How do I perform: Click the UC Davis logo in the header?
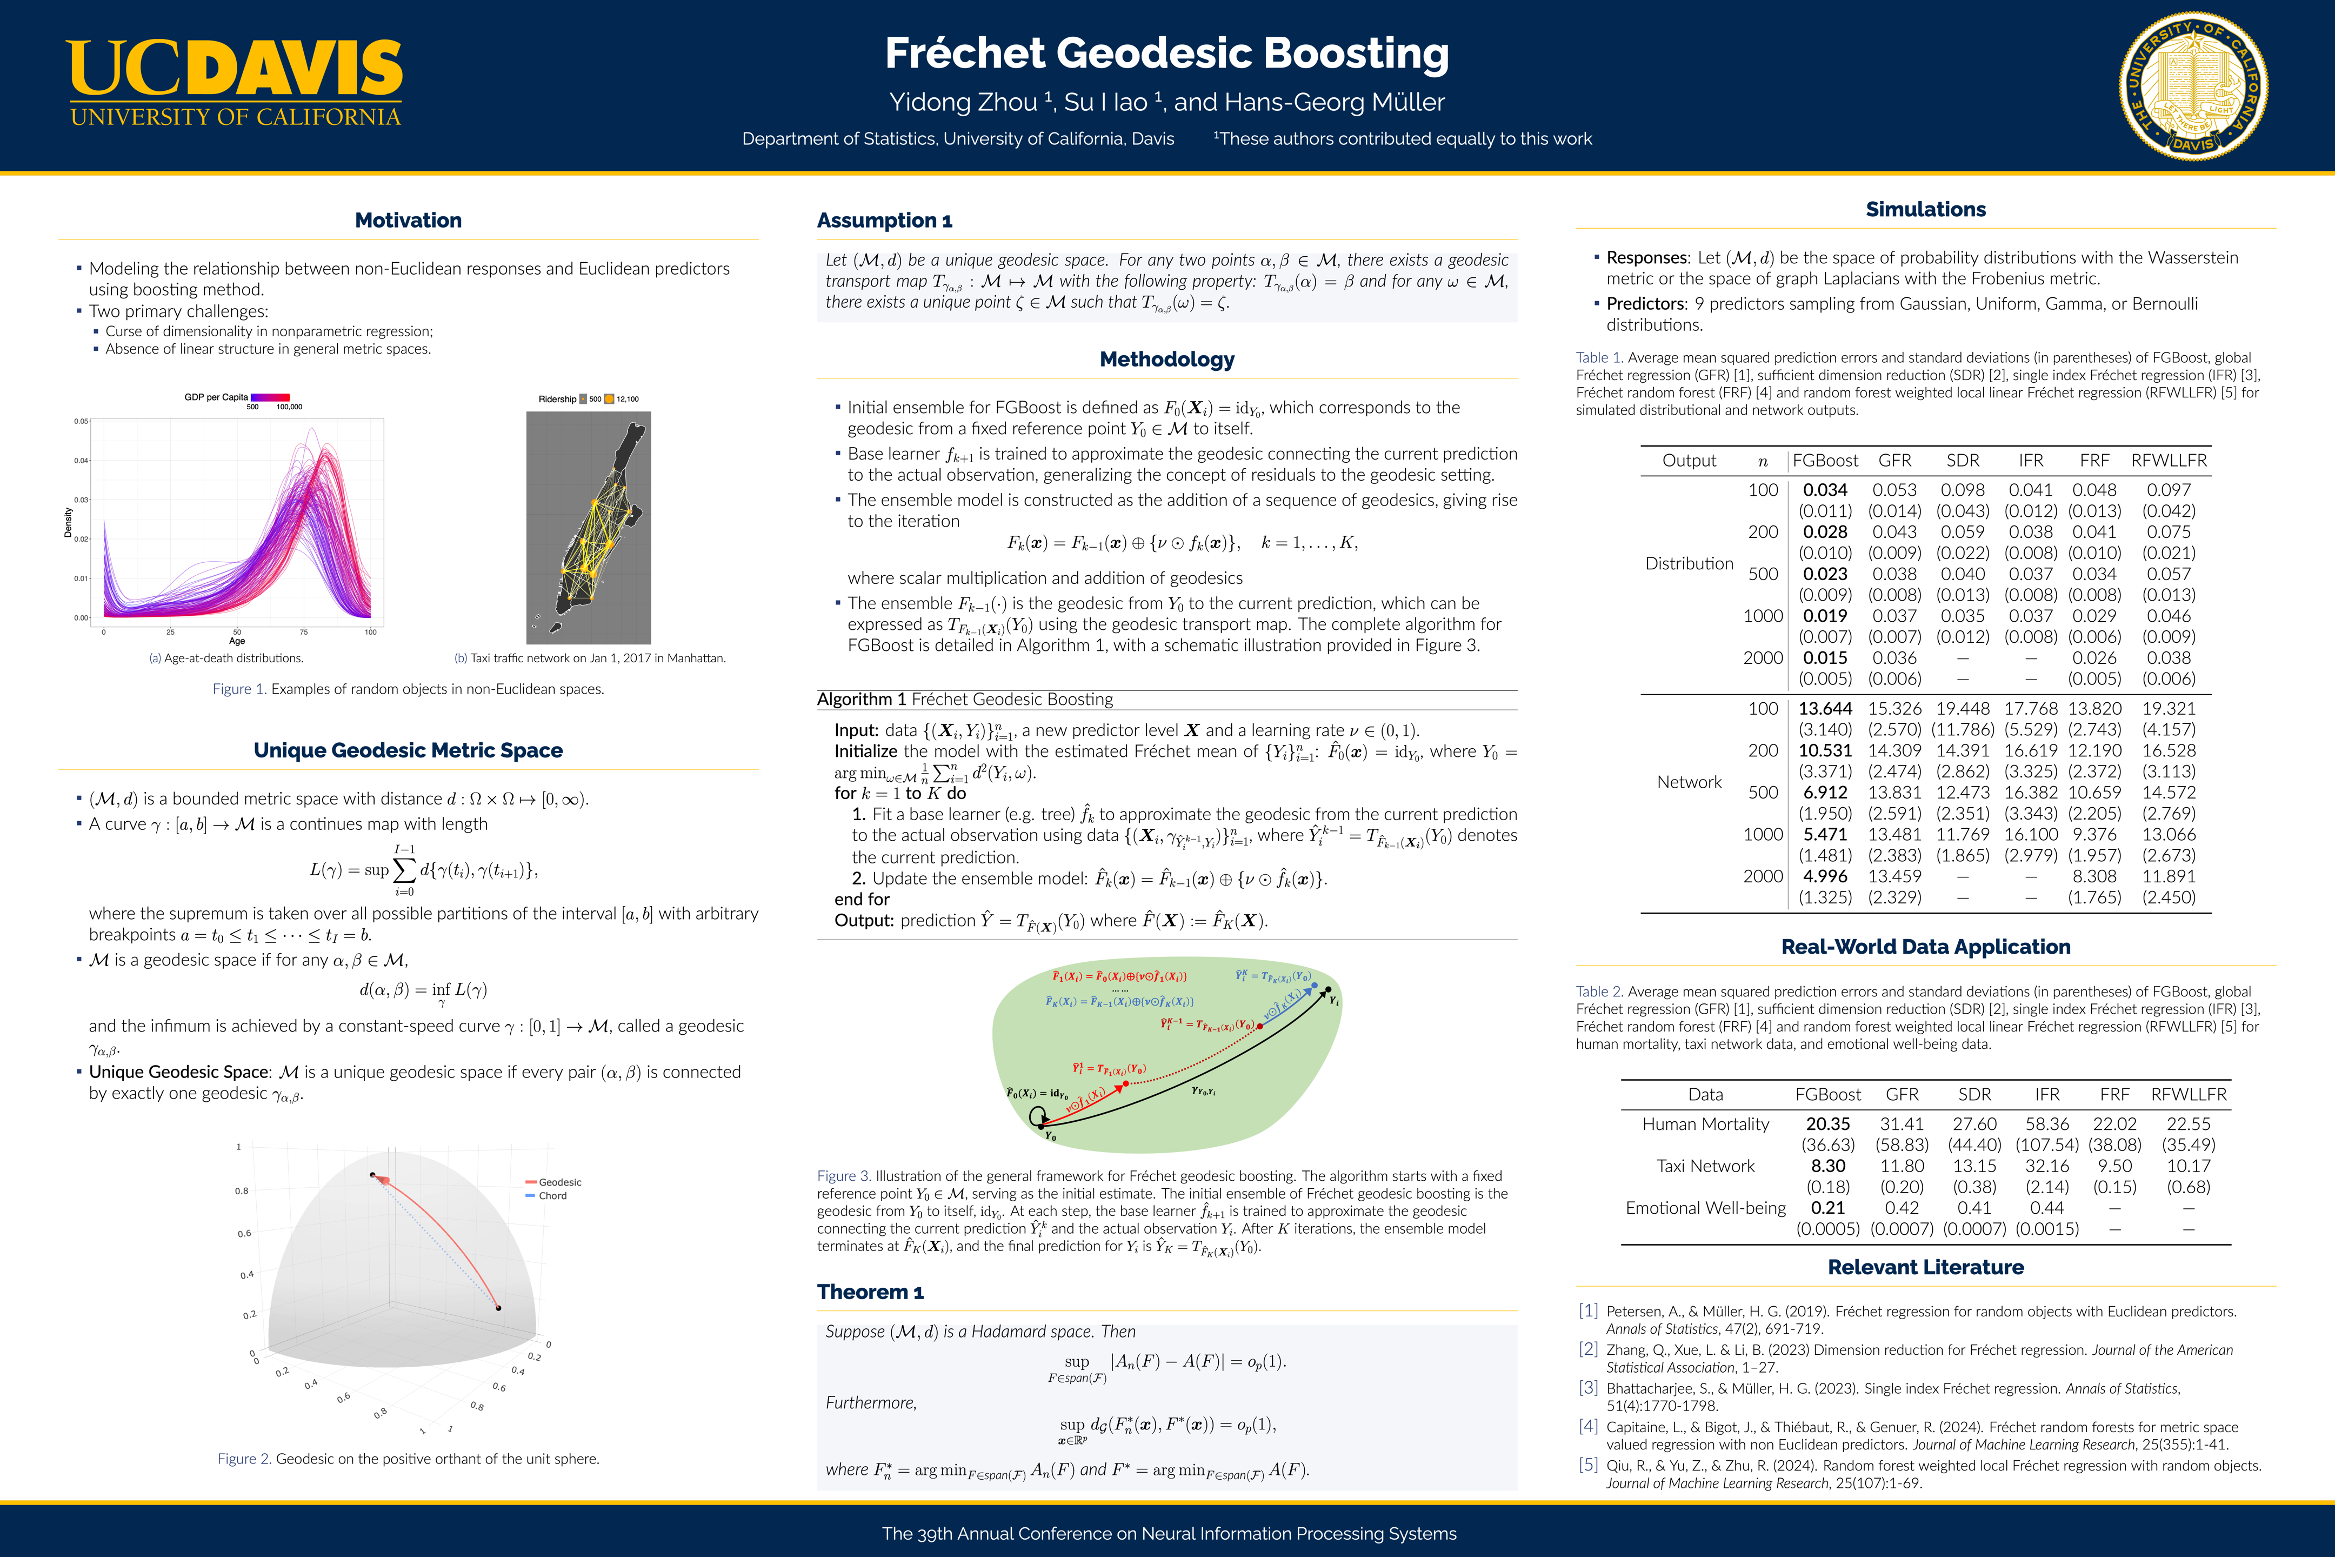click(x=235, y=83)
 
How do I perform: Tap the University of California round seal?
click(x=2193, y=86)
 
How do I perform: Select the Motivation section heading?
click(x=408, y=221)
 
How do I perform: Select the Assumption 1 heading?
click(x=885, y=221)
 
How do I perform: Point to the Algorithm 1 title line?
click(x=965, y=699)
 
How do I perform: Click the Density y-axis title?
click(x=69, y=522)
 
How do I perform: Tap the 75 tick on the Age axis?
click(x=304, y=631)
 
